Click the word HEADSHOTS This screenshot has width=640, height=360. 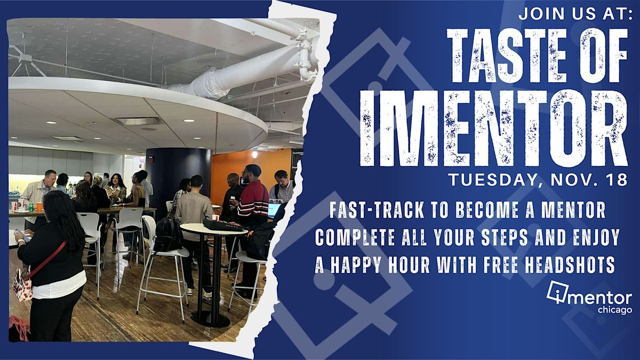click(574, 265)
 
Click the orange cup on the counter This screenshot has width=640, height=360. click(39, 206)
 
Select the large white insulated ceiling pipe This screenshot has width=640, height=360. click(240, 75)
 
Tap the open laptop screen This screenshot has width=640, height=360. click(274, 210)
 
